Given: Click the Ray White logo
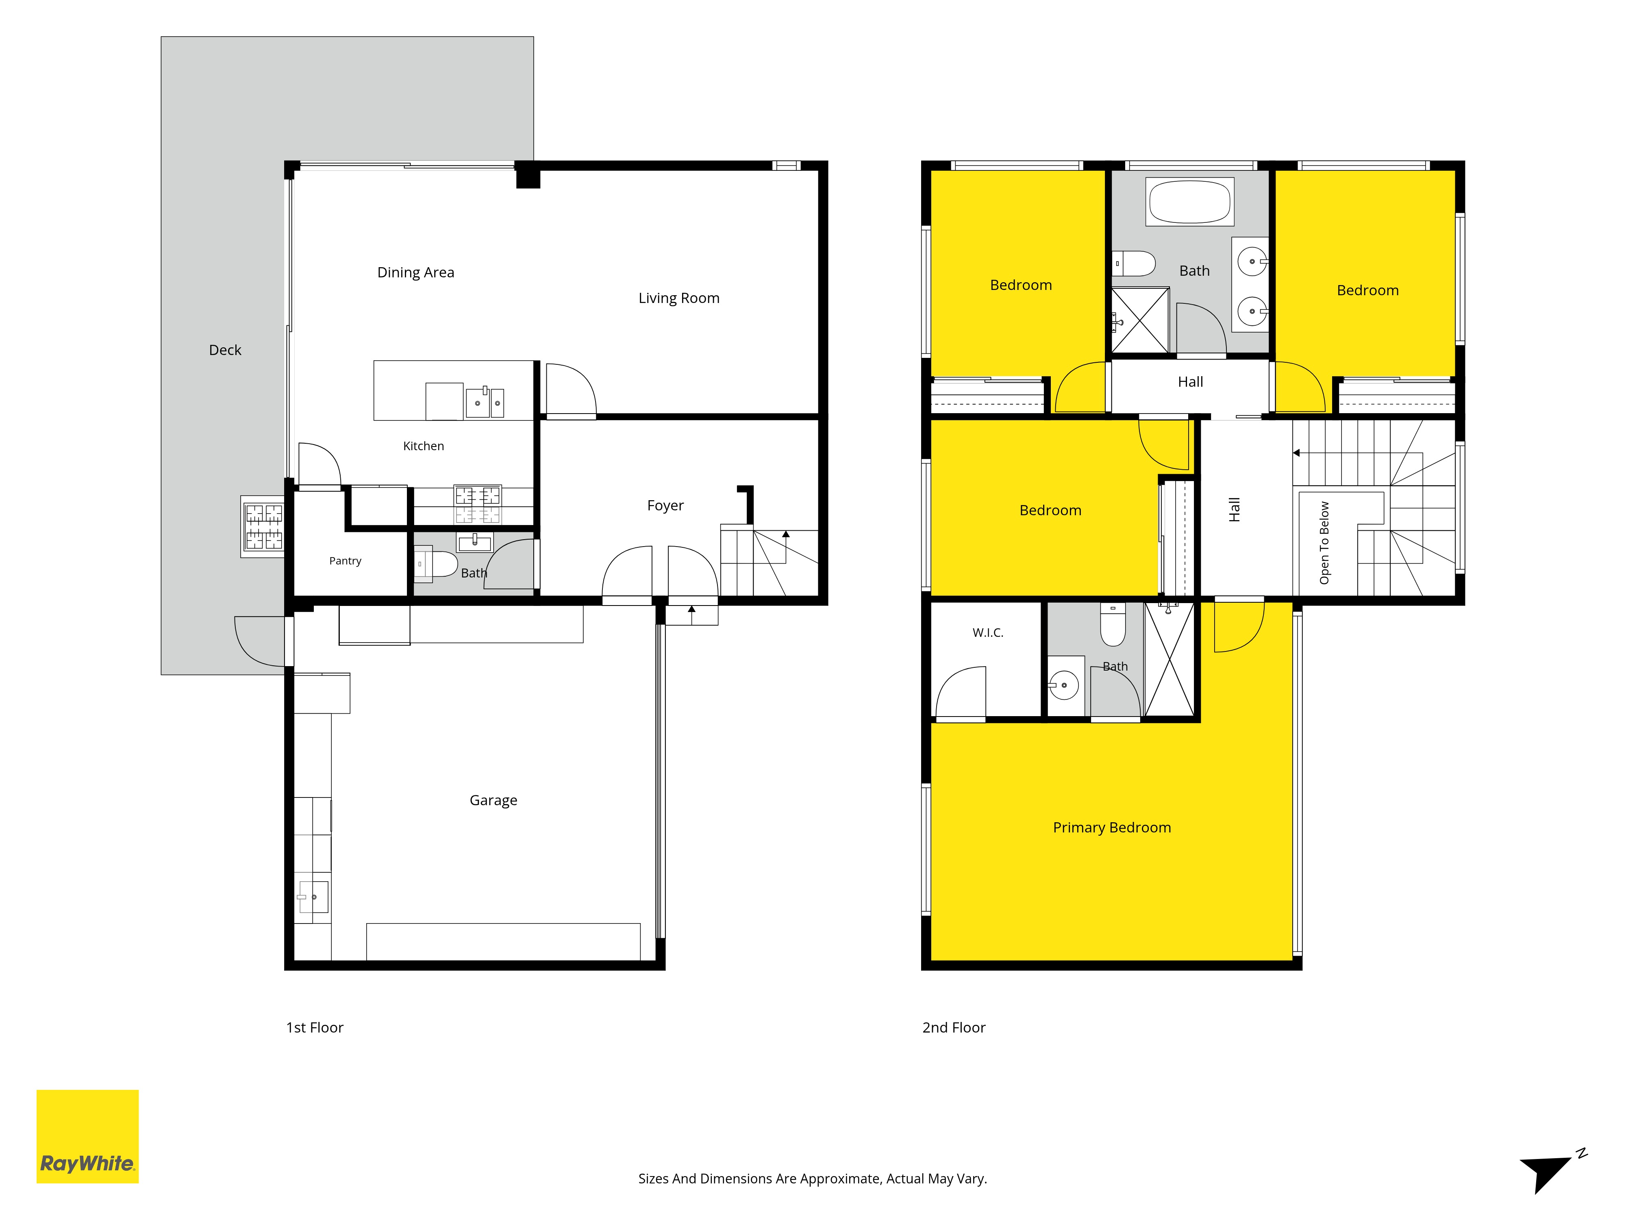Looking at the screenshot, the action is click(87, 1136).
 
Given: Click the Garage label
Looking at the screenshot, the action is click(493, 800).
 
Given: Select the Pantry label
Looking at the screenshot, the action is click(346, 560).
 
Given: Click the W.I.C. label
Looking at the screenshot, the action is click(987, 632).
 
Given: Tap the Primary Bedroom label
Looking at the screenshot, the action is click(1111, 827).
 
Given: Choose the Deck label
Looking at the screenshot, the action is click(225, 350).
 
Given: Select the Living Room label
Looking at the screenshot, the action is click(678, 298).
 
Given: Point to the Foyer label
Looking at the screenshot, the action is click(665, 505).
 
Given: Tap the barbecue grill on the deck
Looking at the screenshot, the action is click(263, 527).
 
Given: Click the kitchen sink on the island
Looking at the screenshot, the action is click(485, 402).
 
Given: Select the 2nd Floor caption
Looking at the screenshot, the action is click(953, 1027).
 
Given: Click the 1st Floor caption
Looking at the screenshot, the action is click(315, 1027).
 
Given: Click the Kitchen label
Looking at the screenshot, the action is click(424, 446).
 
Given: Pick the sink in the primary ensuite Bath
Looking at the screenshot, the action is click(1064, 685).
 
